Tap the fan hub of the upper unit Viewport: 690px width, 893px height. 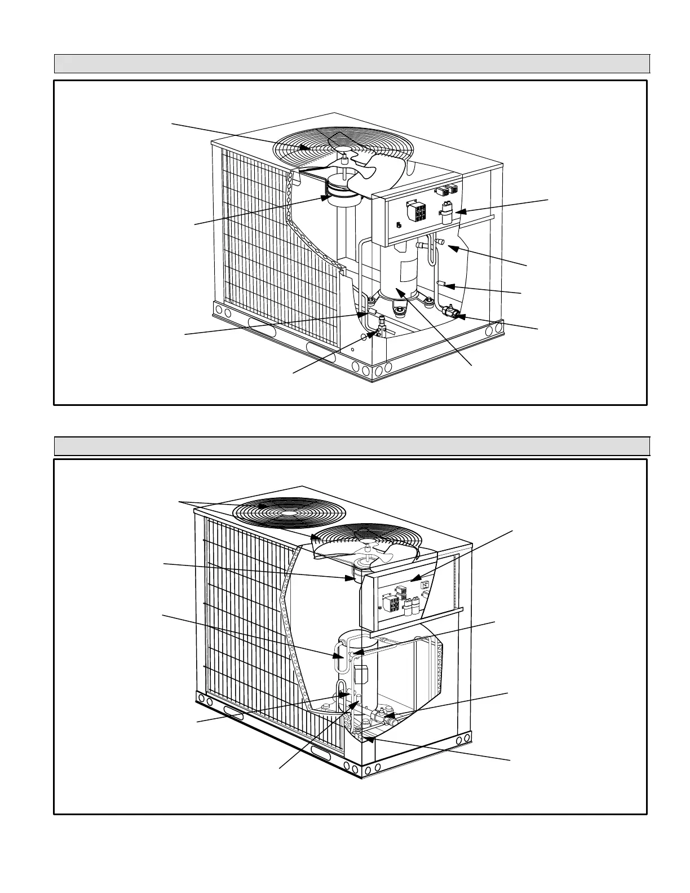343,151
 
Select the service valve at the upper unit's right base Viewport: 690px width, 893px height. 450,311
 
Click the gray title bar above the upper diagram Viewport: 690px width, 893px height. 352,64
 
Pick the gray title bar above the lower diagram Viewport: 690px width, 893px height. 352,445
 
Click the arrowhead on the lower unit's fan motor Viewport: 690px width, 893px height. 350,577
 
